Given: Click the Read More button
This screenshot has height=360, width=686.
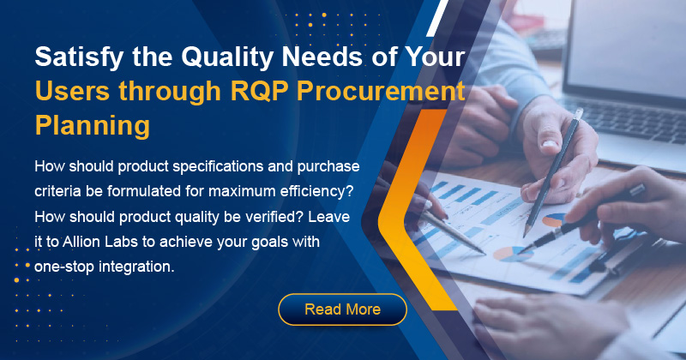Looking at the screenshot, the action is pos(342,309).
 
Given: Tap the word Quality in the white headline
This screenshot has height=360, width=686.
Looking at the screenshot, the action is pos(227,57).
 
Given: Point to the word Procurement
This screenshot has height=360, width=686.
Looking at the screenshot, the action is pos(381,90).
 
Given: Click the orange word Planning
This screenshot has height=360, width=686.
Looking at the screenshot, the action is pos(93,125).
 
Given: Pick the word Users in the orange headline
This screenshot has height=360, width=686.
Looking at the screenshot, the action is pos(73,91).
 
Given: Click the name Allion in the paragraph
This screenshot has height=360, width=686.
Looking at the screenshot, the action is pos(79,242).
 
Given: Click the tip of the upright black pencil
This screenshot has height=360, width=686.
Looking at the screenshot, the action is pos(525,236).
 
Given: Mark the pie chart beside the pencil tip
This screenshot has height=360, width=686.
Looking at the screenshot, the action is pos(555,220).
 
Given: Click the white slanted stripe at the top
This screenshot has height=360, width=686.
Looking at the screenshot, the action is pos(437,18).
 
